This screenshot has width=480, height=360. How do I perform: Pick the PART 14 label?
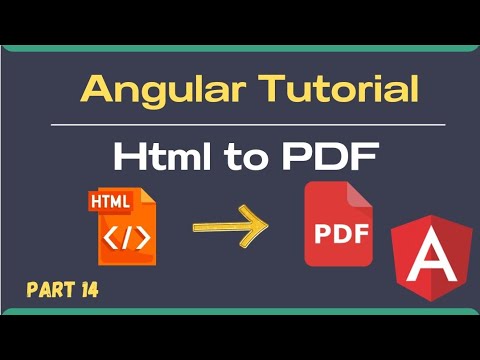tap(62, 291)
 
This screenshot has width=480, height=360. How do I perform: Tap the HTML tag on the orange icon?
tap(109, 202)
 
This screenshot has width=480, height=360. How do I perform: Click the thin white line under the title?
tap(247, 125)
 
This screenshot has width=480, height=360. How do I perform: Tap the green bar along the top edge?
tap(240, 50)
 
